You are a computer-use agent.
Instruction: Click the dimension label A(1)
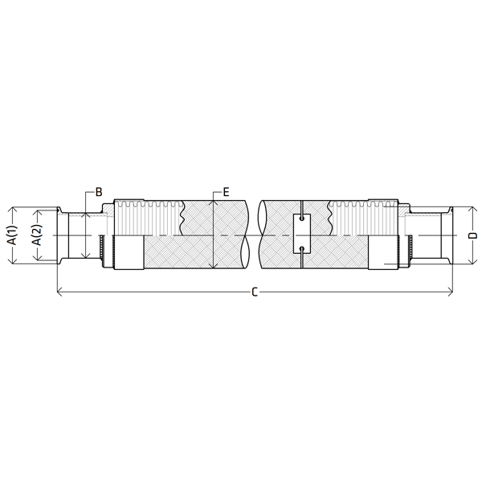click(x=13, y=235)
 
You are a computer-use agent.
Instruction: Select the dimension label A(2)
click(x=38, y=235)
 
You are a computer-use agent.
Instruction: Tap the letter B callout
click(x=99, y=192)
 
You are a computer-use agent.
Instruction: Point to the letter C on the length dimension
click(x=255, y=292)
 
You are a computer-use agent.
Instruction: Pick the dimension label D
click(x=474, y=235)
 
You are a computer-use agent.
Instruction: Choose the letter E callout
click(x=226, y=193)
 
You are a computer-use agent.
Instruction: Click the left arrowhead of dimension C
click(x=60, y=292)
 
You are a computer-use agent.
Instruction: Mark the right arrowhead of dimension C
click(x=451, y=292)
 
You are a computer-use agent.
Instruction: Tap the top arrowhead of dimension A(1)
click(x=13, y=210)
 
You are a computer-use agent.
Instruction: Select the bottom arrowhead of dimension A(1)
click(x=13, y=260)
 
